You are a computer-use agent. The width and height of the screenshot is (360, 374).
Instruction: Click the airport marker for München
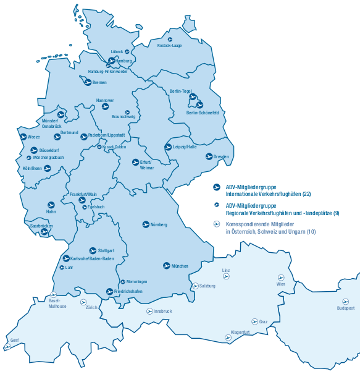point(166,265)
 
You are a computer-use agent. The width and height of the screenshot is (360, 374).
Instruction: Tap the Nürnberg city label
point(159,224)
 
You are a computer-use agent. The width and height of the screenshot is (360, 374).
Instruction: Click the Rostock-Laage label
point(169,46)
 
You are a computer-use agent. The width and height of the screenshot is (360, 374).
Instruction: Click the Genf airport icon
point(8,347)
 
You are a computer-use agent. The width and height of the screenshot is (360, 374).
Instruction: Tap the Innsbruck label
point(162,311)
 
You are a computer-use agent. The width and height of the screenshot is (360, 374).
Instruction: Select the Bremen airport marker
point(88,81)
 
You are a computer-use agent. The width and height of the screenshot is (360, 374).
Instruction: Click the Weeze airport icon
point(23,137)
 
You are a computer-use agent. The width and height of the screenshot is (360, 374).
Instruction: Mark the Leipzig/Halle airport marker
point(168,147)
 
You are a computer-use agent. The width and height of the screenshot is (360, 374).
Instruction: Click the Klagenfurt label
point(240,332)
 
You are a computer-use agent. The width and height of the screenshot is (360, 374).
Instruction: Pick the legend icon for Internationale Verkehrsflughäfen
point(217,187)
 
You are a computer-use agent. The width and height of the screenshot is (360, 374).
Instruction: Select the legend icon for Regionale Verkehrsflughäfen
point(217,205)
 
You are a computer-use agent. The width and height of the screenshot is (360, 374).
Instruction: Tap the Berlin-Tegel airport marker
point(192,96)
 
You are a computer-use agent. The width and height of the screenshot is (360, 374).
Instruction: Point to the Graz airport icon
point(254,321)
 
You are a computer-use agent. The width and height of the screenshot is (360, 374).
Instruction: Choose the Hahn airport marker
point(51,205)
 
